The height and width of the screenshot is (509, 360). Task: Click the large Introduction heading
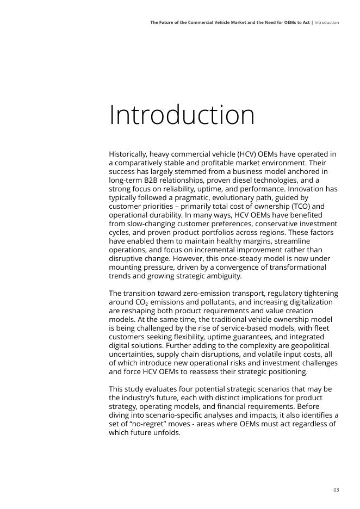point(182,115)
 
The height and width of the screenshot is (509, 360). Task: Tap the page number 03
point(336,490)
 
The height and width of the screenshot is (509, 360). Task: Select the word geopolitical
point(313,345)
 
